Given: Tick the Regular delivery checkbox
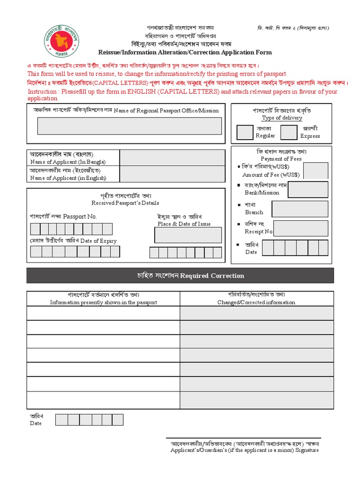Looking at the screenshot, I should click(x=245, y=132).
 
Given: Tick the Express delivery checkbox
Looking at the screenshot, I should click(x=288, y=132).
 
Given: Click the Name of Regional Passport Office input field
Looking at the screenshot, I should click(x=129, y=126).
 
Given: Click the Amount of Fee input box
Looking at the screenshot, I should click(x=318, y=171).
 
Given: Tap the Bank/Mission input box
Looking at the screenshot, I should click(x=307, y=189).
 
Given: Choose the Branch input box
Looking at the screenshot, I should click(x=300, y=209).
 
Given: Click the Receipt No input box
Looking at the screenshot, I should click(x=300, y=228).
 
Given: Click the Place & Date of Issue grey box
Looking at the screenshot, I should click(x=188, y=235).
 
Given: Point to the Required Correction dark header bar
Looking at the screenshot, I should click(x=180, y=276).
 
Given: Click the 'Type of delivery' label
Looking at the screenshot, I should click(x=282, y=118).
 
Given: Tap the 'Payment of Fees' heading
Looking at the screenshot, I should click(x=281, y=159).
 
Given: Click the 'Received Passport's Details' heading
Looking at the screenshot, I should click(x=125, y=203).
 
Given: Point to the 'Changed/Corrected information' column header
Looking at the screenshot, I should click(x=256, y=302).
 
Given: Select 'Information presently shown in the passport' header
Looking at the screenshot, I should click(x=104, y=302).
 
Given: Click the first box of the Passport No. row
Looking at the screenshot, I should click(x=36, y=229).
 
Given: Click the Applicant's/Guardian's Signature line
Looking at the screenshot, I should click(x=244, y=438).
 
